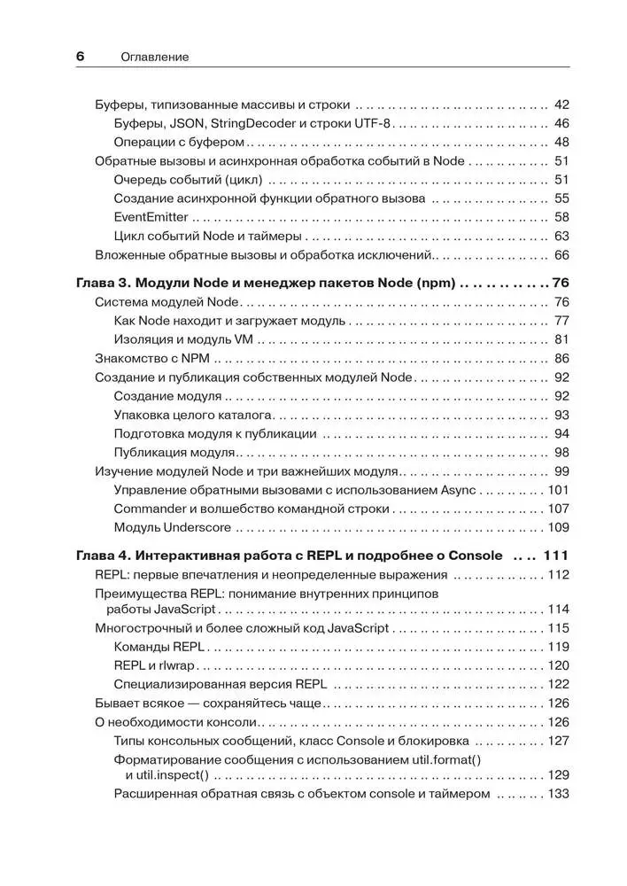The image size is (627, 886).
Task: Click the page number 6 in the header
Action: pos(80,56)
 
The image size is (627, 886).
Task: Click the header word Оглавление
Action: pos(155,57)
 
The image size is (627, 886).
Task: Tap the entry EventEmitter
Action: pos(151,217)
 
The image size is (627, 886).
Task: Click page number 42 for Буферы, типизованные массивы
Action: pos(561,104)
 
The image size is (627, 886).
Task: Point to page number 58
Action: pos(561,217)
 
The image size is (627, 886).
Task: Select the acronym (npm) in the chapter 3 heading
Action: pos(434,284)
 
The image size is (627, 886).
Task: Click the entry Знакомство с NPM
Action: pos(151,359)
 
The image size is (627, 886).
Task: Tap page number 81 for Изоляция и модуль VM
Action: pos(561,339)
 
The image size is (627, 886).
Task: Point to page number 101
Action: pos(558,491)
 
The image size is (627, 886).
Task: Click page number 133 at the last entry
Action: pos(558,794)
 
